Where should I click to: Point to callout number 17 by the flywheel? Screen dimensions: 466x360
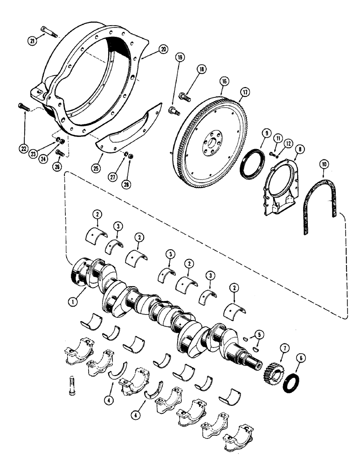pyautogui.click(x=241, y=92)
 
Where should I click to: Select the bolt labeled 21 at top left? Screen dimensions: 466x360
pyautogui.click(x=48, y=32)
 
